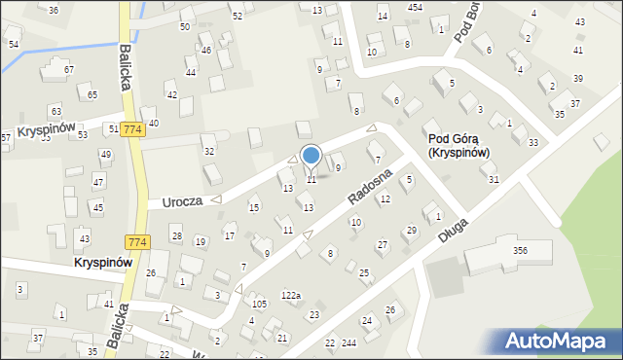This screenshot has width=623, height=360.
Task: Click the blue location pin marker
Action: [x=311, y=156]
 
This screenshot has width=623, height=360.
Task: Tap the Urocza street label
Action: [x=182, y=201]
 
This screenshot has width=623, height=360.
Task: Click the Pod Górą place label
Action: [x=458, y=145]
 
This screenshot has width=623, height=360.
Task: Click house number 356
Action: [x=520, y=251]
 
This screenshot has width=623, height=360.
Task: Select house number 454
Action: [x=415, y=7]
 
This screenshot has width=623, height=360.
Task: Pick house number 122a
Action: [x=291, y=295]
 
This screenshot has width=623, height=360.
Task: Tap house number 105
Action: [x=259, y=305]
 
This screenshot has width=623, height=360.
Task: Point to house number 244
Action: [x=348, y=343]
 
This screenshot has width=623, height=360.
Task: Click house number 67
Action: [x=68, y=70]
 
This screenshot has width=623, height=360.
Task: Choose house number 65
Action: [x=92, y=94]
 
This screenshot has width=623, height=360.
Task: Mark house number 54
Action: [x=13, y=45]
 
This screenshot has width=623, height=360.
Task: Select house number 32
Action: [x=208, y=152]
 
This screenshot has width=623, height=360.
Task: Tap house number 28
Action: [x=176, y=236]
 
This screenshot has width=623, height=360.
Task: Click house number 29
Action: [x=411, y=231]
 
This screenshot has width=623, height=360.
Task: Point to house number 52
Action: [x=237, y=17]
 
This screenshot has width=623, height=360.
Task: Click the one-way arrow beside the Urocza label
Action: [x=216, y=199]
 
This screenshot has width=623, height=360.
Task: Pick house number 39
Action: [x=578, y=78]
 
